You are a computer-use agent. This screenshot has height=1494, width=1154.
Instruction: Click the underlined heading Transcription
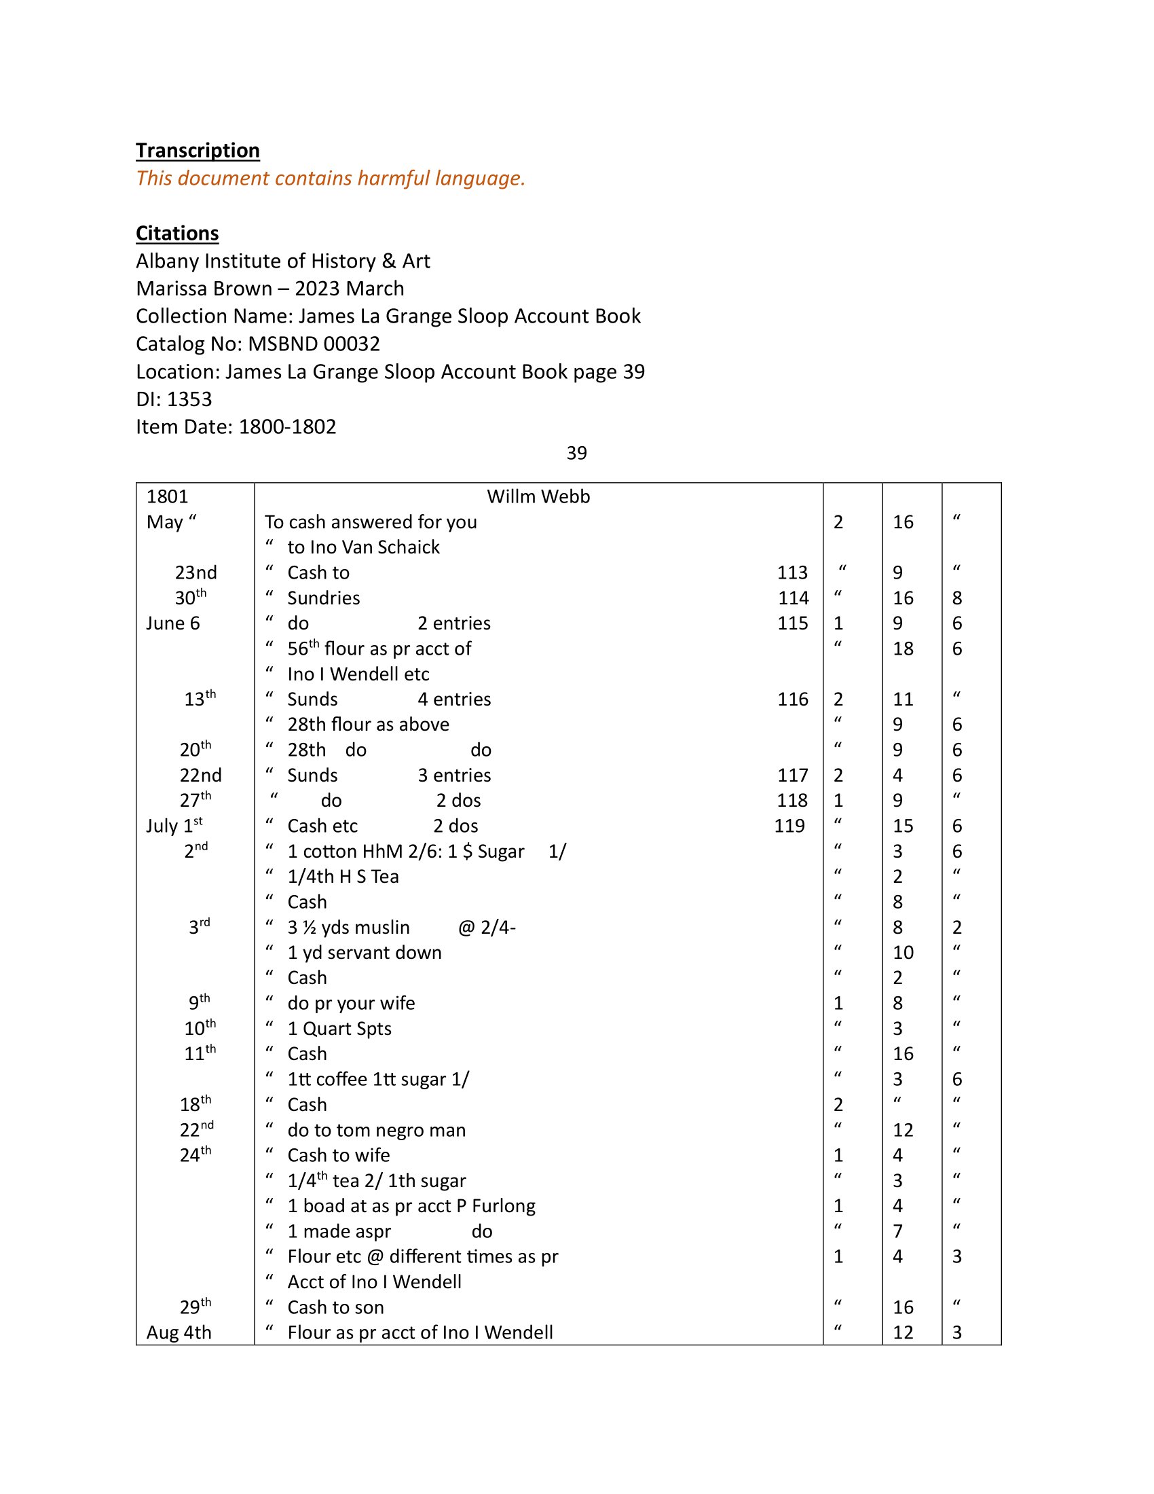pyautogui.click(x=198, y=151)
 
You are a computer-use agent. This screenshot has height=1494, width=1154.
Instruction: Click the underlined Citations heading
pyautogui.click(x=177, y=233)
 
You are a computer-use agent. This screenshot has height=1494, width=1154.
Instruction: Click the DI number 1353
pyautogui.click(x=189, y=399)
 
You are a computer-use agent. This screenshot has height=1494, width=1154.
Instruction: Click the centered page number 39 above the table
pyautogui.click(x=576, y=453)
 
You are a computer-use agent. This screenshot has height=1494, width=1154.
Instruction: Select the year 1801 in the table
pyautogui.click(x=167, y=496)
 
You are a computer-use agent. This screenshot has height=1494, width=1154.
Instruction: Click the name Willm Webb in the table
pyautogui.click(x=538, y=496)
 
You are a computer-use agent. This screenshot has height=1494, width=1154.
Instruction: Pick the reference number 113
pyautogui.click(x=792, y=572)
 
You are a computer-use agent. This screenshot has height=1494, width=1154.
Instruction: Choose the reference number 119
pyautogui.click(x=789, y=826)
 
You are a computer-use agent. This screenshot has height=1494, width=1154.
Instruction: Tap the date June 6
pyautogui.click(x=173, y=623)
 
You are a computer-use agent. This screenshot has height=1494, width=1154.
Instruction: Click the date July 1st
pyautogui.click(x=174, y=826)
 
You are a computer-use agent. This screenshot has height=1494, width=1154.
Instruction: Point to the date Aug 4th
pyautogui.click(x=179, y=1332)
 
